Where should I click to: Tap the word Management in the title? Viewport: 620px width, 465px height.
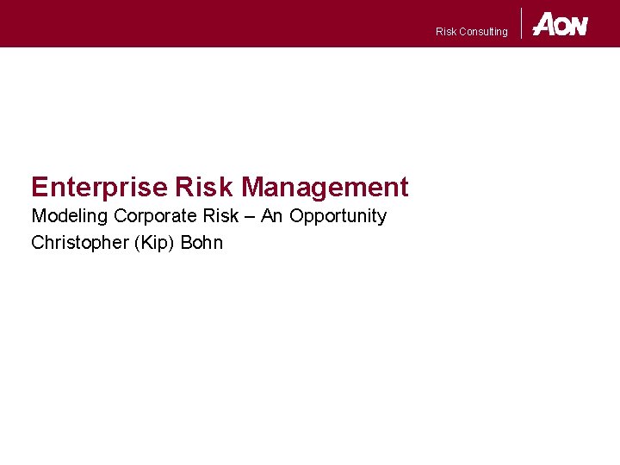pos(325,187)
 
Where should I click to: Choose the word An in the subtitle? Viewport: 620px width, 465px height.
pos(271,215)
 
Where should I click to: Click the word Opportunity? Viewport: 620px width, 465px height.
pos(338,216)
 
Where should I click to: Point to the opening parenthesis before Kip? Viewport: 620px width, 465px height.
pos(135,243)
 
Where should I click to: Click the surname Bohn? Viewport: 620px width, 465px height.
pos(201,243)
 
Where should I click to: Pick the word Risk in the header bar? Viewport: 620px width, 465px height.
pos(446,32)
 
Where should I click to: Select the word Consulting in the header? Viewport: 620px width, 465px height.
pos(484,32)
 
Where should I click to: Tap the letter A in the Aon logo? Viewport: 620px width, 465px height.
pos(544,24)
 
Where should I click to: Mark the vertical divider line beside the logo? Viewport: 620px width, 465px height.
pos(522,23)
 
